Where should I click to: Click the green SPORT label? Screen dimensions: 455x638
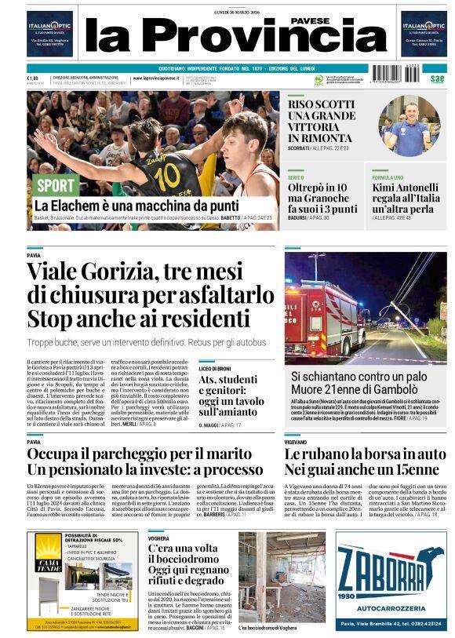[x=56, y=186]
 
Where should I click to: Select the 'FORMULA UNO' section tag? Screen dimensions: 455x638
[x=388, y=178]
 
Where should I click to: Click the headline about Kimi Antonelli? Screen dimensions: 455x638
[x=405, y=199]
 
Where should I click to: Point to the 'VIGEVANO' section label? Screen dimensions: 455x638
[x=296, y=443]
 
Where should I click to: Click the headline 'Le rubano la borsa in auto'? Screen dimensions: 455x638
[x=364, y=454]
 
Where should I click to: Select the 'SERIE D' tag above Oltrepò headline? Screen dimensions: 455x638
[x=295, y=178]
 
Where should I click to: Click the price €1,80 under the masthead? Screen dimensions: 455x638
[x=32, y=78]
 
